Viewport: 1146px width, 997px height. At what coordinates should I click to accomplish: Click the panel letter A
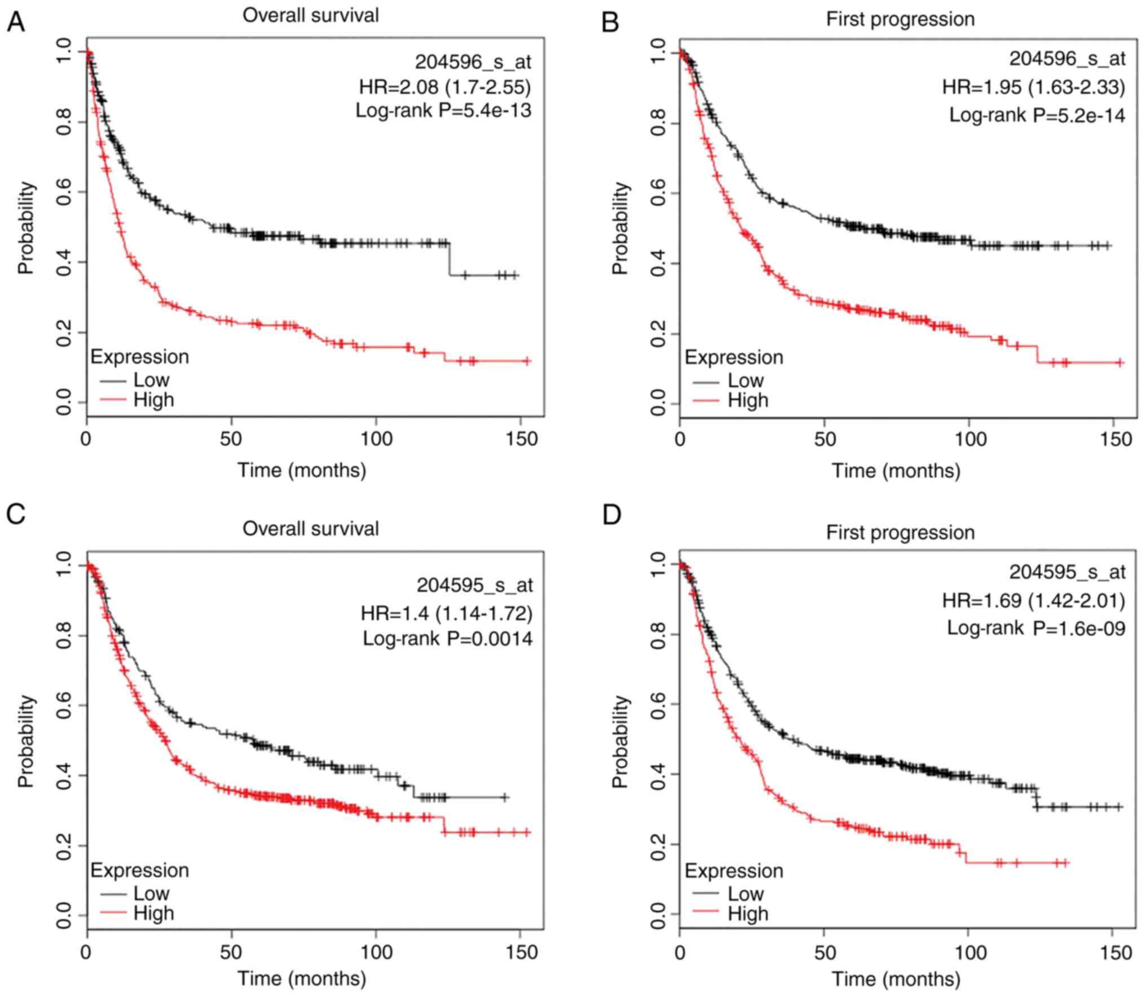(16, 23)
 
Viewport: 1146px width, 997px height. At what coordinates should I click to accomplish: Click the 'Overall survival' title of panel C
(311, 529)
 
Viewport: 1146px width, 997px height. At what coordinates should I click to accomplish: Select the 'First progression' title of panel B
(900, 19)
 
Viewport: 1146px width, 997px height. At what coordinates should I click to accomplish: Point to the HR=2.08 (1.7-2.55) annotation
(445, 86)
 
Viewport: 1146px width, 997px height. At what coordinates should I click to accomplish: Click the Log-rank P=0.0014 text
(447, 638)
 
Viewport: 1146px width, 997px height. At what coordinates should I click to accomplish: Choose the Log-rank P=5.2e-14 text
(1037, 115)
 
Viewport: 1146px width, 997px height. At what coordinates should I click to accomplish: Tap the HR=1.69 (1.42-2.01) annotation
(1033, 601)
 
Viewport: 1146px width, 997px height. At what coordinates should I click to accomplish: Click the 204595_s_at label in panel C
(474, 586)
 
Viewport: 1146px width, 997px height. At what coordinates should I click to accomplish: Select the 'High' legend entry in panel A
(153, 399)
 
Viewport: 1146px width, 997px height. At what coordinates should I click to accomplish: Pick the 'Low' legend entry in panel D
(745, 893)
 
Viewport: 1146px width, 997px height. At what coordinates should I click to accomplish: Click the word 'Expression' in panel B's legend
(734, 357)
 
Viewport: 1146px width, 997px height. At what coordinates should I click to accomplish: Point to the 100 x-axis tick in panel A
(376, 438)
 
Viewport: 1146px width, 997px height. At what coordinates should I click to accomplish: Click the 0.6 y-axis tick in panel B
(658, 193)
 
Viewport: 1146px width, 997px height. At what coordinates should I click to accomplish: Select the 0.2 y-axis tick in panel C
(64, 845)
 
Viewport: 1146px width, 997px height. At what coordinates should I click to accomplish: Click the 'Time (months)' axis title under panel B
(896, 470)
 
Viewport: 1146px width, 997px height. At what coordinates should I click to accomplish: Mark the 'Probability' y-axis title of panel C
(26, 741)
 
